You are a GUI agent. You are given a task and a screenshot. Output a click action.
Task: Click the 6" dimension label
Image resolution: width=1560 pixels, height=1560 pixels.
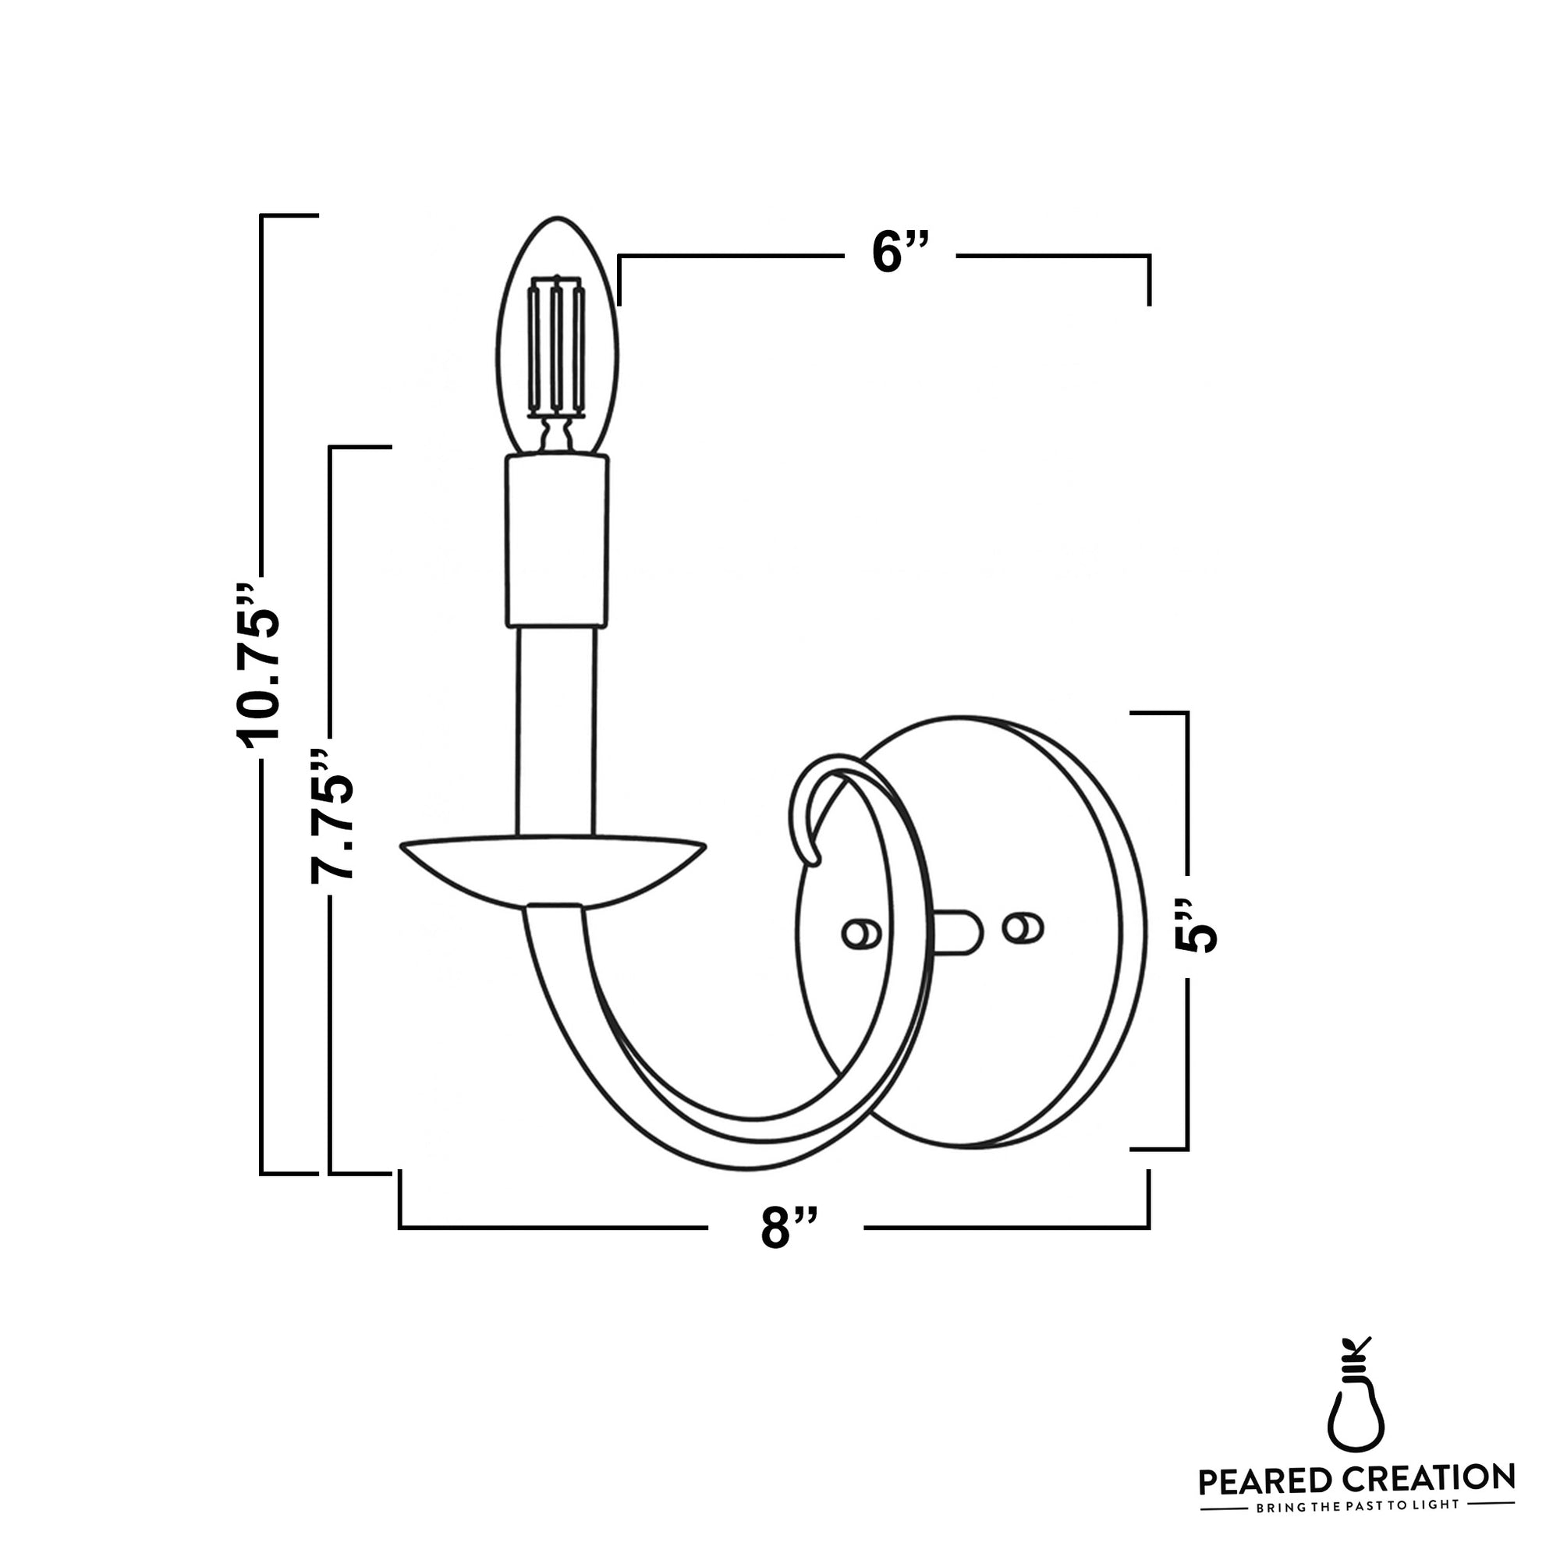pyautogui.click(x=899, y=253)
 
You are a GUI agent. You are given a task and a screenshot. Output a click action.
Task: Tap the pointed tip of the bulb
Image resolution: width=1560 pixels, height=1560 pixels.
pyautogui.click(x=557, y=219)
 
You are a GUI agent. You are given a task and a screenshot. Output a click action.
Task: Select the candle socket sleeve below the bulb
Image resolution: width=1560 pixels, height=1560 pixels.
pyautogui.click(x=557, y=541)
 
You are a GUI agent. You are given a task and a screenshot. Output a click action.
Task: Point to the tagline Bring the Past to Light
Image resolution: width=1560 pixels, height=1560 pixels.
pyautogui.click(x=1356, y=1506)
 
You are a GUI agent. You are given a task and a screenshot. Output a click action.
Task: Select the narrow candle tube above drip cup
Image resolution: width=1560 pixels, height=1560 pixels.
pyautogui.click(x=557, y=731)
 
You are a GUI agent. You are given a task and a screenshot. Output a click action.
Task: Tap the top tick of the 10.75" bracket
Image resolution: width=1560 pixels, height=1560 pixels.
pyautogui.click(x=289, y=215)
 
